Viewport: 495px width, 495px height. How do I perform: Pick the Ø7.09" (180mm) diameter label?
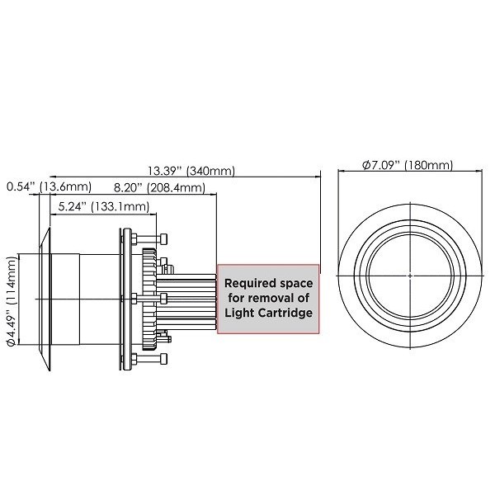pos(408,165)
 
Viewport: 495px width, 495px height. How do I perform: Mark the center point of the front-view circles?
pos(410,273)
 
